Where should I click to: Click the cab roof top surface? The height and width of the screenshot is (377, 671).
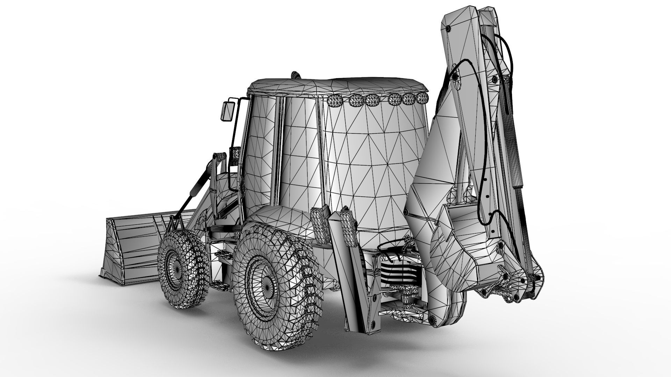[x=335, y=86]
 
